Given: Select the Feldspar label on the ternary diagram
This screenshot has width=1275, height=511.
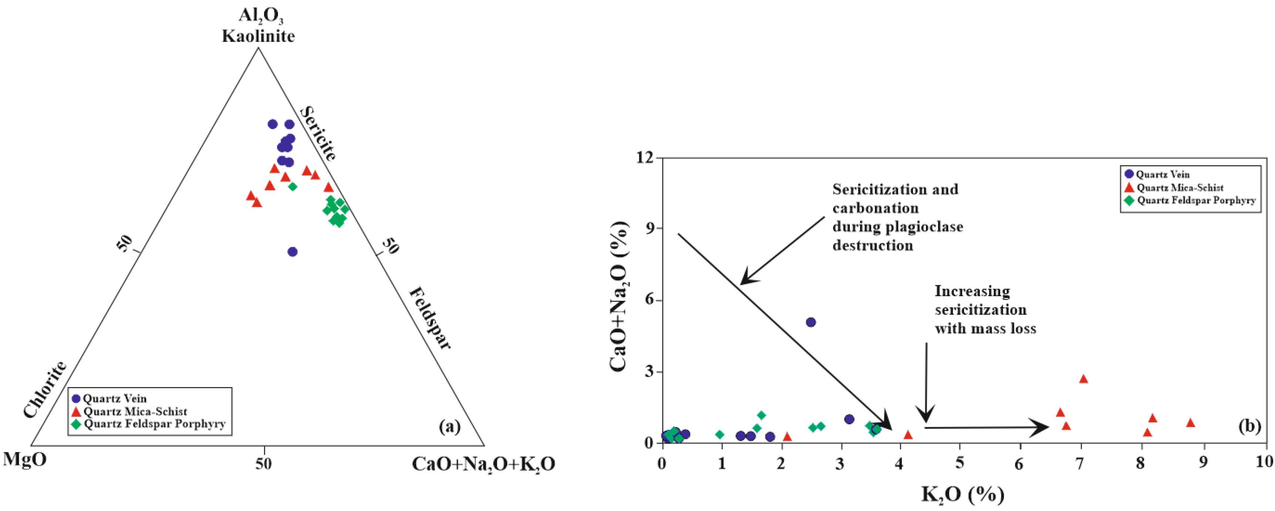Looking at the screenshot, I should point(430,318).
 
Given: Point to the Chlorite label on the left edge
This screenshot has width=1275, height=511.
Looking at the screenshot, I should point(45,389).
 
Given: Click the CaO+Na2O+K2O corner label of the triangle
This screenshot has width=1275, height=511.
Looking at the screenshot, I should point(483,464).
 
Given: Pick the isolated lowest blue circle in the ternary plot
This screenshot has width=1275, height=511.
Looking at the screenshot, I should point(292,251).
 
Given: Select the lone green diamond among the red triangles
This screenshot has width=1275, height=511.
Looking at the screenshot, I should point(292,187).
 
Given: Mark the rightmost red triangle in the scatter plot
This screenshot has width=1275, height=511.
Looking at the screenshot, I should point(1190,422).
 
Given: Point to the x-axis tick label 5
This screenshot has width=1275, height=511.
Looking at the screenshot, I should point(960,462).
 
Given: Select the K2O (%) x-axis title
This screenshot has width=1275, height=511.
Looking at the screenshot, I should point(963,494).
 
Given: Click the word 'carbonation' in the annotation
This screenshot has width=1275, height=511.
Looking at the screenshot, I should point(875,208).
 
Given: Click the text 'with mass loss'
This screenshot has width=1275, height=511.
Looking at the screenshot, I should point(985,328).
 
